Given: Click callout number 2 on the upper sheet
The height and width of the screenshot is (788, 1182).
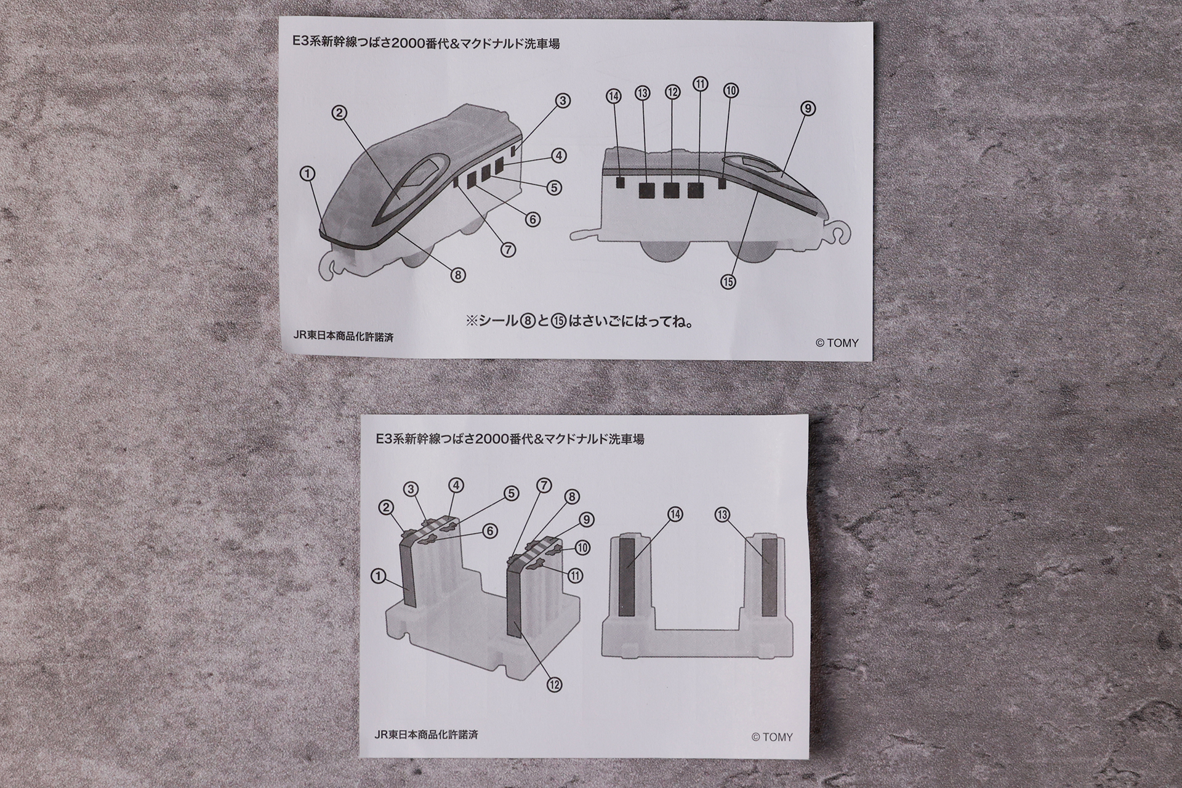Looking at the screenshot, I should coord(339,113).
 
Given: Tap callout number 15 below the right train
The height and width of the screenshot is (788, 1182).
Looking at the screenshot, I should coord(728,281).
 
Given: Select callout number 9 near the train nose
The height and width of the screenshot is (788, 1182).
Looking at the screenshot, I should coord(808,109).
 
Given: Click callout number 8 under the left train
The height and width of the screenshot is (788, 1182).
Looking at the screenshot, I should coord(457,275).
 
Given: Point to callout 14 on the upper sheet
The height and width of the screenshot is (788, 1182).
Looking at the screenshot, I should coord(613,96).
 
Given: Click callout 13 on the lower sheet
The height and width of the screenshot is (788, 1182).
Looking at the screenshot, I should coord(723,514).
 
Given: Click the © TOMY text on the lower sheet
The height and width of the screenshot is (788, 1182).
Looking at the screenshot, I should coord(772,737).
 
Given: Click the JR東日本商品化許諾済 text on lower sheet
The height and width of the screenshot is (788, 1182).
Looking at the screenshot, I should coord(425,734).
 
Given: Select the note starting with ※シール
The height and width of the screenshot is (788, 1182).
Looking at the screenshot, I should coord(579,321).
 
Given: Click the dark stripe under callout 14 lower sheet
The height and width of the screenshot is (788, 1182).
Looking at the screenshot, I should coord(627,575).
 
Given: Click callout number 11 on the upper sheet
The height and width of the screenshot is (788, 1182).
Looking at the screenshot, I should coord(700,84).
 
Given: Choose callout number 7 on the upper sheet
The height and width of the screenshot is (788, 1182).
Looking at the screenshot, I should coord(508,249).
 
